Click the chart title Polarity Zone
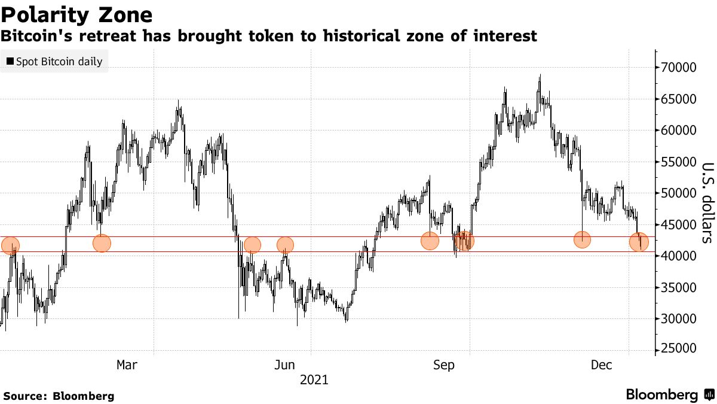point(76,14)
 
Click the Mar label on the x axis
point(127,364)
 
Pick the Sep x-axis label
point(445,364)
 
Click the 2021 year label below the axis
point(314,379)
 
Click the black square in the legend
point(10,62)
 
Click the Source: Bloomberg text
point(59,396)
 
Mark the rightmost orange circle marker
point(639,242)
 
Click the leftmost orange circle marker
point(10,245)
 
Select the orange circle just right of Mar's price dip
point(102,243)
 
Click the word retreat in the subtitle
point(112,37)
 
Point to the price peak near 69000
point(540,76)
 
